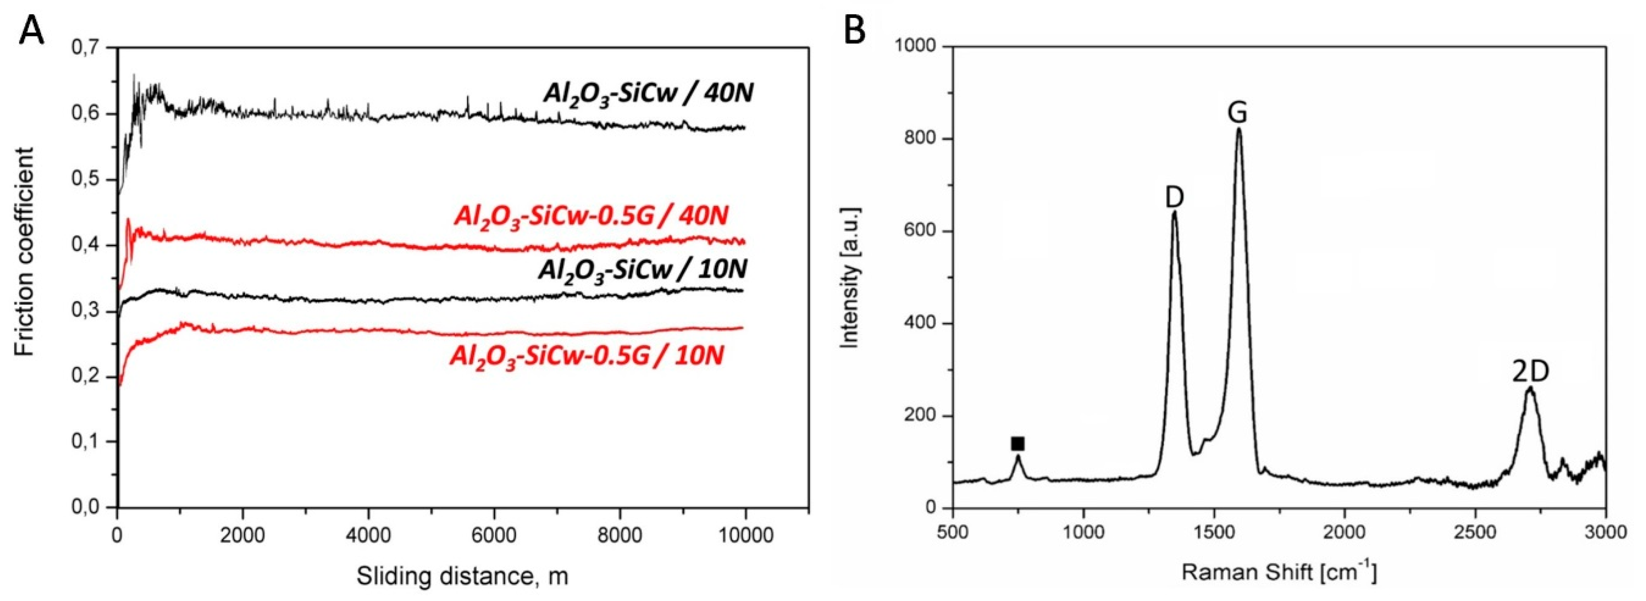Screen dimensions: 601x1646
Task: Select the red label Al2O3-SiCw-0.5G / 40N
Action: (591, 216)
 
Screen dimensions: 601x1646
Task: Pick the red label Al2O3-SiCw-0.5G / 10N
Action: (587, 356)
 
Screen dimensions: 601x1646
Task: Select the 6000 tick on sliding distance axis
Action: (493, 534)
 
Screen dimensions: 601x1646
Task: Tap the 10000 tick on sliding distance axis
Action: (744, 534)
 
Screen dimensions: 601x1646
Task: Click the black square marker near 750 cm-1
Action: (1017, 444)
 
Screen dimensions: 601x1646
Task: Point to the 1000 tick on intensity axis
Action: (917, 46)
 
